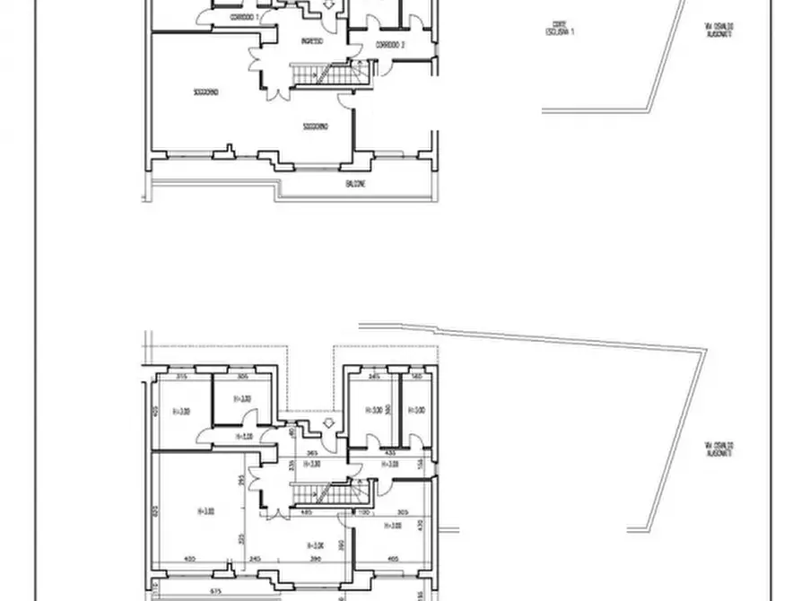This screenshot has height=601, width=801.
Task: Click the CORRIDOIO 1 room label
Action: [244, 17]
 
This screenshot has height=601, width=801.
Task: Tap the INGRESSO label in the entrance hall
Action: [312, 41]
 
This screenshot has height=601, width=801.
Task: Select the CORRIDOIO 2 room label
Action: [390, 44]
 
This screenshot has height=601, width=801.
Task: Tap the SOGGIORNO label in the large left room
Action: [207, 91]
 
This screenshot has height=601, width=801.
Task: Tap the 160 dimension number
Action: [416, 377]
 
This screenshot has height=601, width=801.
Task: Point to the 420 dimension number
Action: [189, 560]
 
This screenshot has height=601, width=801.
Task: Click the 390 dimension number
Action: [316, 560]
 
